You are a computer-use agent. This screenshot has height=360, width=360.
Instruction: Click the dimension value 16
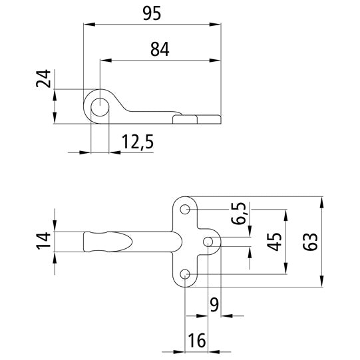coord(195,340)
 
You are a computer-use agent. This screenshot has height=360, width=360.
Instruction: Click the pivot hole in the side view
coord(99,106)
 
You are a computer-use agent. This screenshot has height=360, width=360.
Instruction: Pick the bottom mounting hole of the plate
coord(186,273)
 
